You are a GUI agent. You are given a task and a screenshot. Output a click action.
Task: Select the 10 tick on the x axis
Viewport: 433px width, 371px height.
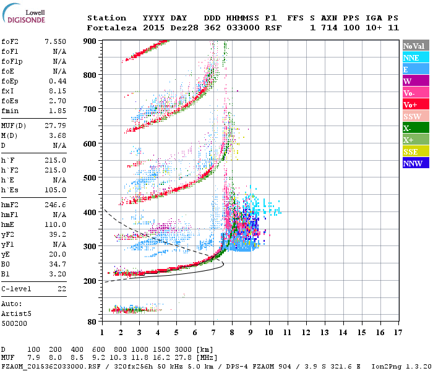click(x=268, y=333)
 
